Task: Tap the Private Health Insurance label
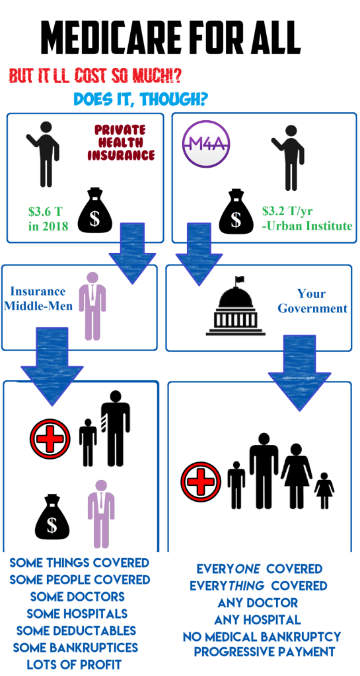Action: [x=125, y=143]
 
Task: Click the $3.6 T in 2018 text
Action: [x=49, y=219]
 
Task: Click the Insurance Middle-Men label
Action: [x=38, y=298]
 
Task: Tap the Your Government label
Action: [x=312, y=301]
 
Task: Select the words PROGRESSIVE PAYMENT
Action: [x=264, y=652]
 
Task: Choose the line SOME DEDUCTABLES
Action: [x=76, y=630]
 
